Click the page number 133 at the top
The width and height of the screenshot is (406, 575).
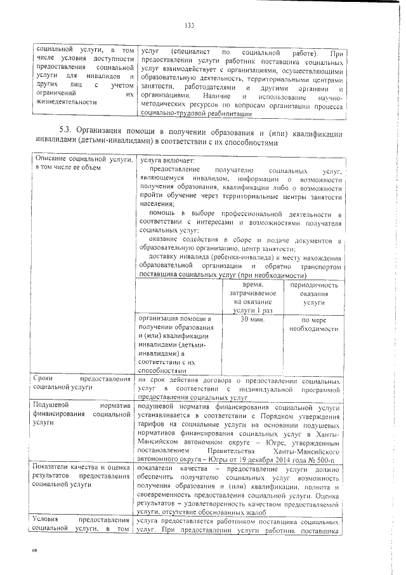[188, 25]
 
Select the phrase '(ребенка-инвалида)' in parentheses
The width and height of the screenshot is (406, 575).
[219, 257]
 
